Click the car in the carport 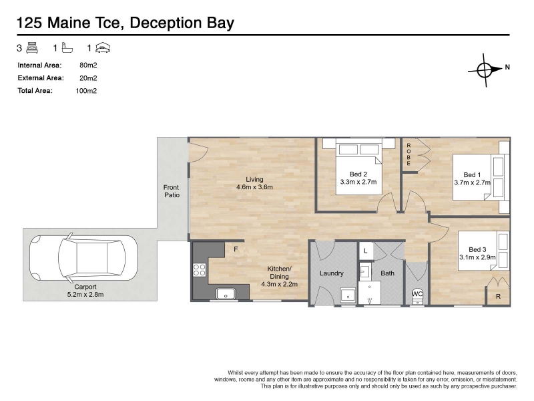pyautogui.click(x=83, y=258)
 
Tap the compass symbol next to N pyautogui.click(x=485, y=70)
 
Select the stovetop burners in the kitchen pyautogui.click(x=199, y=270)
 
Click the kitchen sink pyautogui.click(x=226, y=293)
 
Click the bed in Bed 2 pyautogui.click(x=358, y=166)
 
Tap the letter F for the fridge pyautogui.click(x=236, y=249)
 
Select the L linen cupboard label pyautogui.click(x=365, y=251)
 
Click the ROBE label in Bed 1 pyautogui.click(x=409, y=154)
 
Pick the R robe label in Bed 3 pyautogui.click(x=498, y=297)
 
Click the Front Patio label pyautogui.click(x=172, y=191)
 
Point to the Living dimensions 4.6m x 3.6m pyautogui.click(x=254, y=187)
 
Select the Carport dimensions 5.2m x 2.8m pyautogui.click(x=85, y=294)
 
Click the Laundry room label pyautogui.click(x=331, y=273)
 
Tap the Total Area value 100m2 pyautogui.click(x=86, y=91)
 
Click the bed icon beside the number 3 pyautogui.click(x=32, y=47)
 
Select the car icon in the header pyautogui.click(x=103, y=47)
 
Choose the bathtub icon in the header pyautogui.click(x=67, y=47)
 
